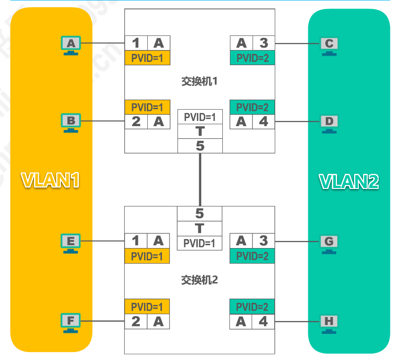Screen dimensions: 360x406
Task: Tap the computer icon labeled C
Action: (329, 44)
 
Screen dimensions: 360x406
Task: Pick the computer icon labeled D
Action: (329, 122)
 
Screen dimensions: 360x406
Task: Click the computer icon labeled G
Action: (329, 242)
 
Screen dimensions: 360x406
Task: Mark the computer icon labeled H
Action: (329, 322)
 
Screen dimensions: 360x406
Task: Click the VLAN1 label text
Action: (51, 180)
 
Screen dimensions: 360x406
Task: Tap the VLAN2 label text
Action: (349, 181)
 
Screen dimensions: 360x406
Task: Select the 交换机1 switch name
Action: (199, 81)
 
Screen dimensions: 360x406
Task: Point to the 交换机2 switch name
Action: (199, 280)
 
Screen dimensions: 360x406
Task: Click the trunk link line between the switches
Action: (200, 180)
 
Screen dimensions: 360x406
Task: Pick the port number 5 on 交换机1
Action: (200, 146)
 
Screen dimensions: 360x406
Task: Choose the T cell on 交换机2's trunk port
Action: (200, 229)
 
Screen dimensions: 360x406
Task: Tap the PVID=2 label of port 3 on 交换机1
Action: (252, 58)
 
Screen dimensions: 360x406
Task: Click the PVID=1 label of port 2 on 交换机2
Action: (147, 307)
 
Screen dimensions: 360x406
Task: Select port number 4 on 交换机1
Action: (263, 122)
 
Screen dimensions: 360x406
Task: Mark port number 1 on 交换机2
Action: (136, 241)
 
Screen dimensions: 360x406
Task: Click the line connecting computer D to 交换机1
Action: (297, 122)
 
